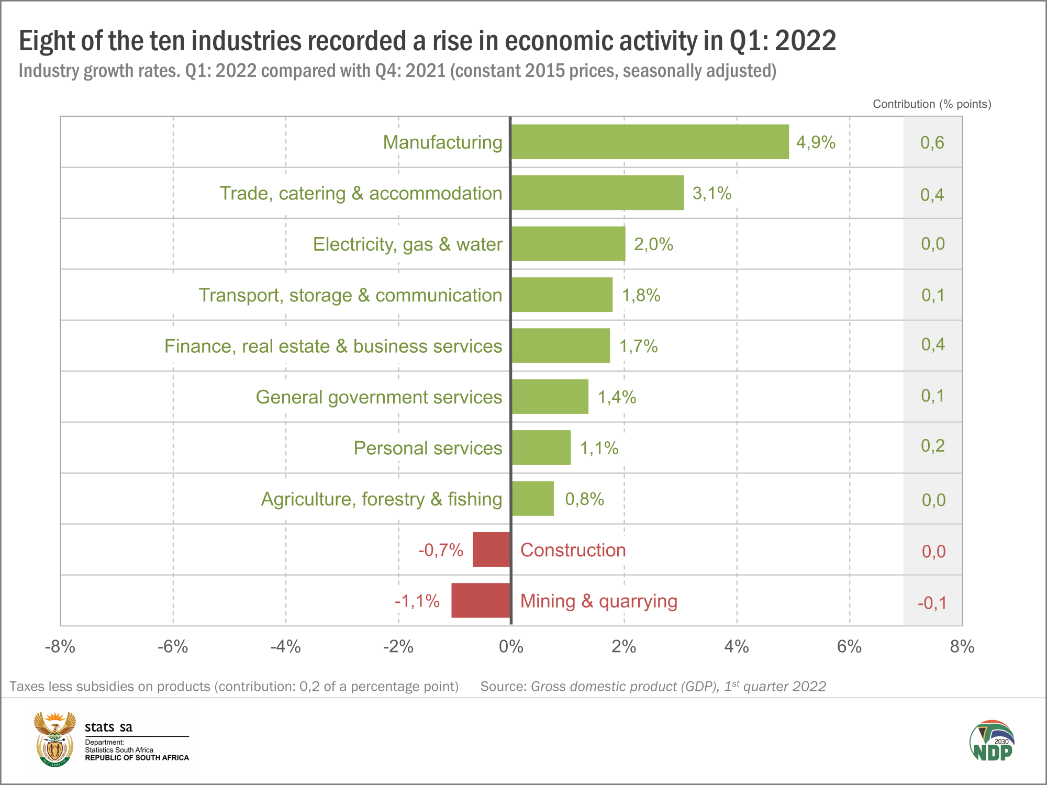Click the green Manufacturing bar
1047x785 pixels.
tap(650, 142)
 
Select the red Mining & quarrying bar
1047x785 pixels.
tap(481, 600)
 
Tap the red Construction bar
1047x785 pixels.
tap(491, 549)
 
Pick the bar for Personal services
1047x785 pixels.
tap(541, 447)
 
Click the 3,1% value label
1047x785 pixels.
tap(711, 193)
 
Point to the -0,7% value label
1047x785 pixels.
tap(440, 550)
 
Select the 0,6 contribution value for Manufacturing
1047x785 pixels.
tap(932, 142)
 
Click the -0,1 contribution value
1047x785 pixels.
tap(932, 603)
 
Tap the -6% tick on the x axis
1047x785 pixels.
tap(173, 647)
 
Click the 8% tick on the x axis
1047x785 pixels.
tap(962, 647)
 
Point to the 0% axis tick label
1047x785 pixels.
tap(511, 647)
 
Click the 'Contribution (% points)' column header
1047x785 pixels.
tap(932, 104)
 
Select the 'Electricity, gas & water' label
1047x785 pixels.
tap(407, 244)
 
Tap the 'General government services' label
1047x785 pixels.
tap(378, 397)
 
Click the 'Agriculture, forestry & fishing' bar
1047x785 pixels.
tap(532, 498)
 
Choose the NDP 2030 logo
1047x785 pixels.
tap(992, 742)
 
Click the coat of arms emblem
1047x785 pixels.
tap(54, 739)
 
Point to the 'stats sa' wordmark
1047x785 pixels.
tap(108, 727)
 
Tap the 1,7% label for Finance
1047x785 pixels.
tap(638, 346)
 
